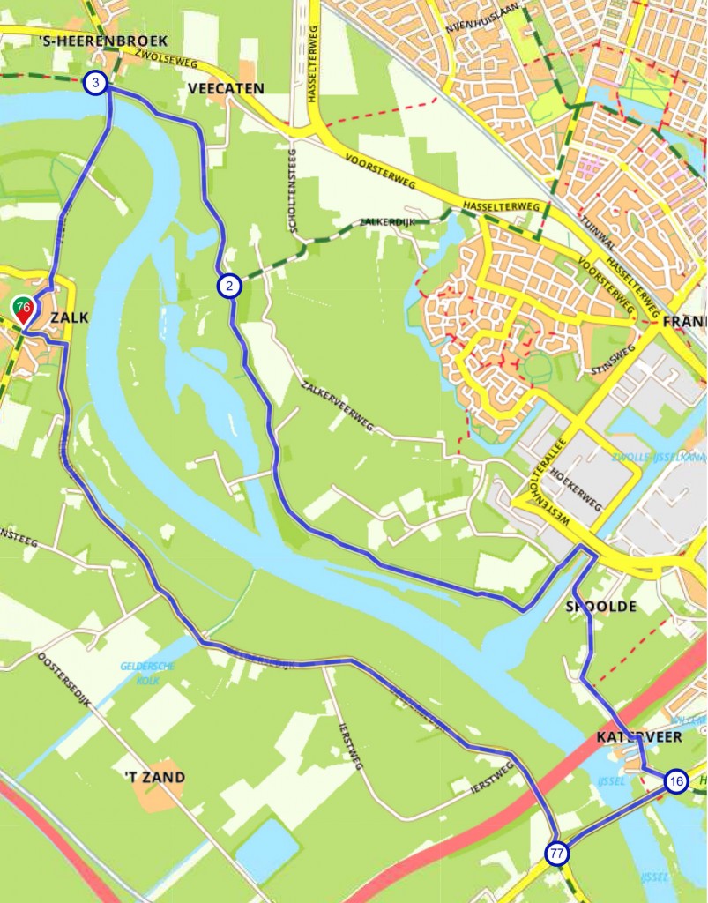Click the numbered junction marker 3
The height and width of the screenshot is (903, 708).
tap(95, 84)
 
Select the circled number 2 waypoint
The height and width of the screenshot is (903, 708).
tap(228, 286)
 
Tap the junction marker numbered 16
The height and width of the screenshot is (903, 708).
tap(675, 781)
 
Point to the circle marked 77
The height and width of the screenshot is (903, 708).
tap(556, 854)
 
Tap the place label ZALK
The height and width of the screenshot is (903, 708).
tap(70, 317)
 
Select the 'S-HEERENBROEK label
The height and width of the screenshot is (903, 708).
tap(103, 41)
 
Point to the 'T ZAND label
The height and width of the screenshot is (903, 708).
tap(154, 777)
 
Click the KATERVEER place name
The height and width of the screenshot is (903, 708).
tap(638, 736)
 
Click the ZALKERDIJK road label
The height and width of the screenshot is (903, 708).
tap(387, 222)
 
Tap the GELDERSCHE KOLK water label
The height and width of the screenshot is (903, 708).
tap(147, 672)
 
